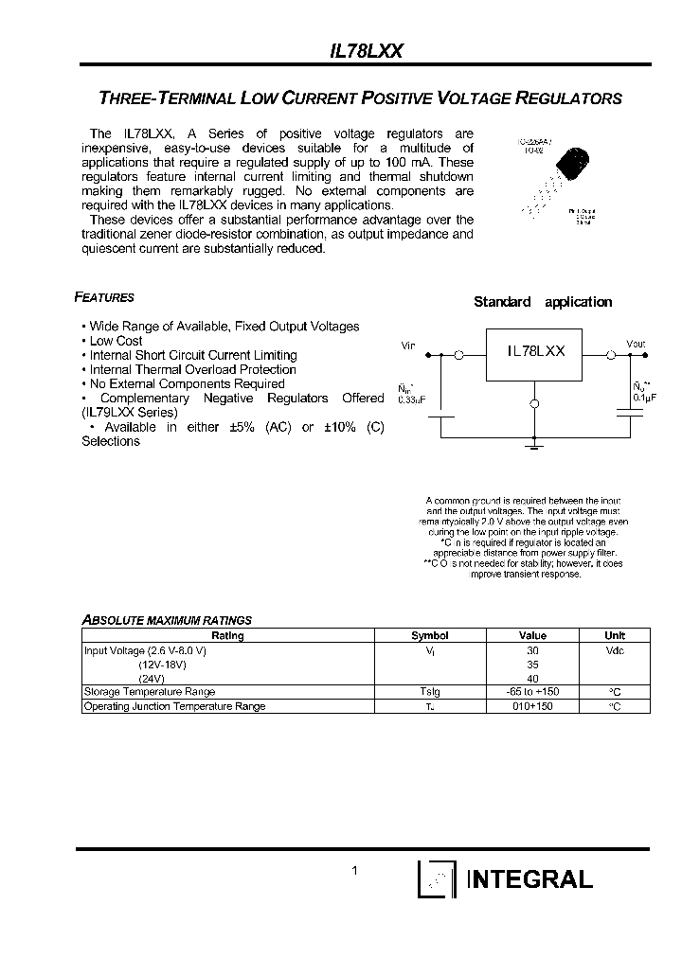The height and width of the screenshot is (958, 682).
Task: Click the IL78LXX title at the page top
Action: [366, 54]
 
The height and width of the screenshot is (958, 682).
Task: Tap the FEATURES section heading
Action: [104, 297]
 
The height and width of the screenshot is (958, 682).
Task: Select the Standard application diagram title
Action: [543, 302]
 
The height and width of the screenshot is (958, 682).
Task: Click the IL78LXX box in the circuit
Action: [535, 351]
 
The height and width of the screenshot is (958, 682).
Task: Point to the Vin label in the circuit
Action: [409, 346]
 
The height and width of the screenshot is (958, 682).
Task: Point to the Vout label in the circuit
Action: [636, 344]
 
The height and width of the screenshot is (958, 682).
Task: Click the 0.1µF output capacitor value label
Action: [637, 398]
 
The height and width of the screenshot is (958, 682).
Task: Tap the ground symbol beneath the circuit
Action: [535, 442]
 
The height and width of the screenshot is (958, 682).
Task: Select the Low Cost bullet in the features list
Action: [116, 341]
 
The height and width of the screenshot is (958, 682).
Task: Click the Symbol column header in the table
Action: [429, 635]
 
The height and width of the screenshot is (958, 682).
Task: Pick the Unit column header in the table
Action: [615, 635]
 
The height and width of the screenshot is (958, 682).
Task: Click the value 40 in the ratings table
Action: [532, 678]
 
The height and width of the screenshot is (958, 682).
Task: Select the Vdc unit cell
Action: [615, 650]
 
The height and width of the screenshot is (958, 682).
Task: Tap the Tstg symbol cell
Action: [429, 692]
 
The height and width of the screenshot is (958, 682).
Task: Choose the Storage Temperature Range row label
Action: [149, 692]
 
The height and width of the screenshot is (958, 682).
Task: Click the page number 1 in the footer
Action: [354, 871]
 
